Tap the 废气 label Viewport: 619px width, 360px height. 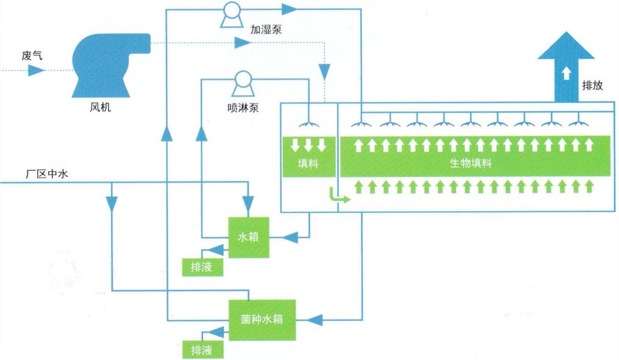(32, 56)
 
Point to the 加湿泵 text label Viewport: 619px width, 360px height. (266, 30)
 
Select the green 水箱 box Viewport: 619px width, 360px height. (248, 238)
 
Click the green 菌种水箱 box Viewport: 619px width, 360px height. (262, 319)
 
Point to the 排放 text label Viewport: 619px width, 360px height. (592, 86)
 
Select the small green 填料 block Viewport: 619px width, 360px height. (308, 157)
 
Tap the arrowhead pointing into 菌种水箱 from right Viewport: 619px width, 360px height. (316, 319)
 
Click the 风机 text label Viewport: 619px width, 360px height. (100, 108)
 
